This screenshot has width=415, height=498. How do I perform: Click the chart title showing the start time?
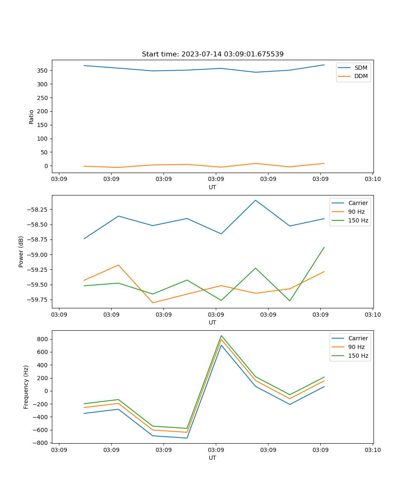coord(212,54)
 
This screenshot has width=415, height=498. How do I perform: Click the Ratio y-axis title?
coord(32,116)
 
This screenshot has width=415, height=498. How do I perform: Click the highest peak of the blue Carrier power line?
coord(256,200)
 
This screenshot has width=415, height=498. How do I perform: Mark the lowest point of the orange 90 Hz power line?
coord(153,303)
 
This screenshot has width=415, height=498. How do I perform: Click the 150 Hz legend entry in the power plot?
coord(358,220)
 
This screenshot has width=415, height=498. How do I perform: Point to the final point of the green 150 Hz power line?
coord(324,247)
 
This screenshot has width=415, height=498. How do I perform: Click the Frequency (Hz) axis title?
coord(26,387)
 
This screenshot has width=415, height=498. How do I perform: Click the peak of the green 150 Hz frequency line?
coord(221,335)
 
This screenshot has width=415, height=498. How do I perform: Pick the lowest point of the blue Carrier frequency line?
coord(187,438)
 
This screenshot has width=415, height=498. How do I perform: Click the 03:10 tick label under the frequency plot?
coord(372,450)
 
